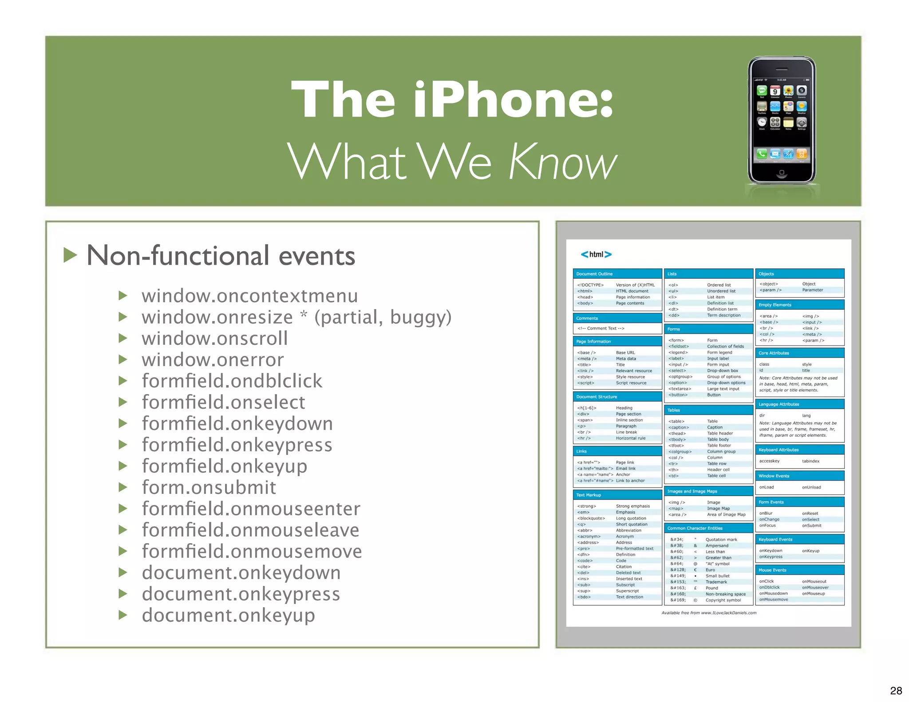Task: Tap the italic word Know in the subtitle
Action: [563, 162]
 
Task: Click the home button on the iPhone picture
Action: [782, 172]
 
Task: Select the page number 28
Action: [896, 690]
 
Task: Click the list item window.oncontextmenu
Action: [249, 296]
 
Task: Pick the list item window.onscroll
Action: [215, 338]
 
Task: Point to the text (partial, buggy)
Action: [383, 317]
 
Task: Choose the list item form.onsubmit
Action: [209, 487]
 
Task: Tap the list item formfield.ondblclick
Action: [232, 381]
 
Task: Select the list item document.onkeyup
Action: [228, 615]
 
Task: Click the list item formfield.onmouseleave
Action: [250, 530]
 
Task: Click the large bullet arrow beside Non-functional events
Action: [70, 255]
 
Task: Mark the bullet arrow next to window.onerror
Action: [123, 359]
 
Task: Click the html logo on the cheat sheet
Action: [596, 254]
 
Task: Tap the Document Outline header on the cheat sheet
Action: [594, 274]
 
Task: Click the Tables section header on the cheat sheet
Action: [674, 410]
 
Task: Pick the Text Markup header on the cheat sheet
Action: [589, 495]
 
